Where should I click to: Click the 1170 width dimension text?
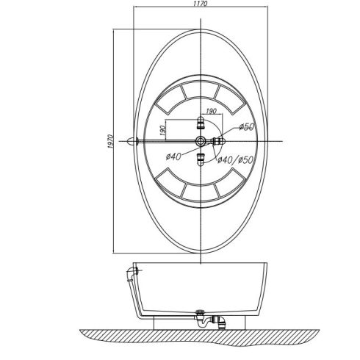tap(201, 4)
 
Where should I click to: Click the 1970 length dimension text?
tap(110, 141)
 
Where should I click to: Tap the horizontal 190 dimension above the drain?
tap(211, 111)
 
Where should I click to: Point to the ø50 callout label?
tap(247, 126)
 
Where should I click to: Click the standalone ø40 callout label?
tap(173, 156)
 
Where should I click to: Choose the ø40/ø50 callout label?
tap(235, 160)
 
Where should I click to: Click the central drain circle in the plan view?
tap(201, 141)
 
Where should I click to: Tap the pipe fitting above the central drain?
tap(201, 123)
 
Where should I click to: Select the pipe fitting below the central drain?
tap(201, 159)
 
